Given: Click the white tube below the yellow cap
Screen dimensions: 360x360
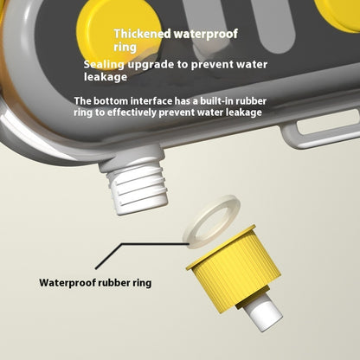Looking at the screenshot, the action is click(262, 314).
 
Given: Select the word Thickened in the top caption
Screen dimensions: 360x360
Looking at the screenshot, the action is click(143, 34).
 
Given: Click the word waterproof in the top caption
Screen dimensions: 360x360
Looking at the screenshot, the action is click(206, 35).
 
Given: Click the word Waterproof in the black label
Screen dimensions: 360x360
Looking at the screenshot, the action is click(67, 283).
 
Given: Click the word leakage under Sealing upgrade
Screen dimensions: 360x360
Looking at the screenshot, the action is click(106, 77).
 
